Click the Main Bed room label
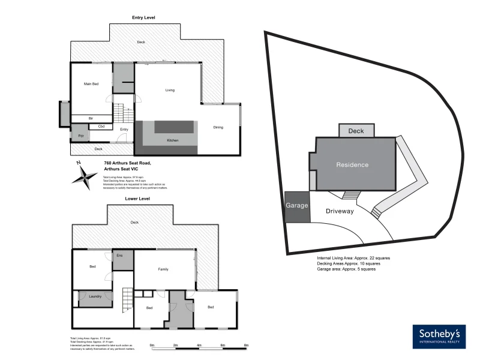tap(91, 83)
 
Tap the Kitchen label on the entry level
tap(173, 140)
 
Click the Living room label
tap(170, 90)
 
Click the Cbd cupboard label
tap(101, 127)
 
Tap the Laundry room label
tap(95, 296)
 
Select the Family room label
tap(163, 269)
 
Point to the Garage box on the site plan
tap(296, 206)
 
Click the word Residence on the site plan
tap(352, 164)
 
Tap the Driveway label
tap(340, 211)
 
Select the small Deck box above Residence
tap(356, 131)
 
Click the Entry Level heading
tap(145, 18)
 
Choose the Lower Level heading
tap(137, 199)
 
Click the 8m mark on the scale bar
tap(246, 346)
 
